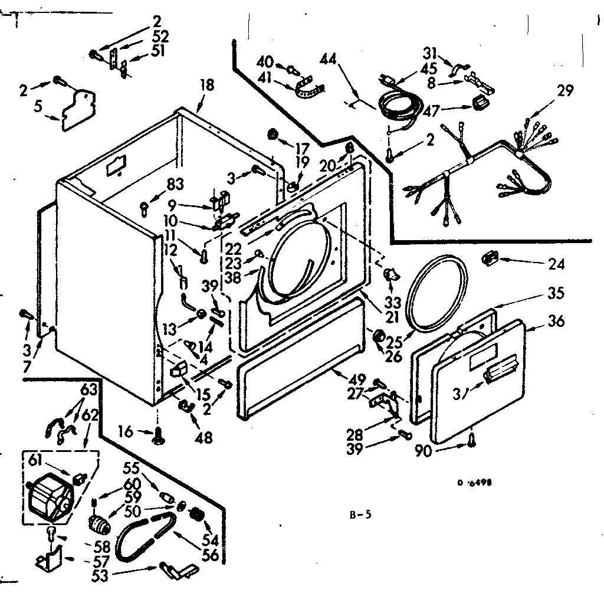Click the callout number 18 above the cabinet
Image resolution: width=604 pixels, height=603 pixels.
coord(206,84)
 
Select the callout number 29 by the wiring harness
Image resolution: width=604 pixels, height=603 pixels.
coord(564,91)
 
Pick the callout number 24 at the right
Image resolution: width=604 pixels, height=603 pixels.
coord(556,264)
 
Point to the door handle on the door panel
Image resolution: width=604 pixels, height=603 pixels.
coord(500,374)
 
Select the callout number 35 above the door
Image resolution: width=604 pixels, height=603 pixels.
coord(556,293)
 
